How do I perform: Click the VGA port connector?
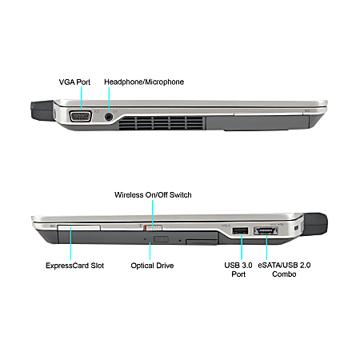click(81, 117)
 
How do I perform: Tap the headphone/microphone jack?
click(109, 117)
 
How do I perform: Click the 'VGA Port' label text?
click(74, 82)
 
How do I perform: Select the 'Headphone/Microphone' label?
click(144, 82)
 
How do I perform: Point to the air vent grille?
click(162, 123)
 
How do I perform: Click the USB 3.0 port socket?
click(240, 230)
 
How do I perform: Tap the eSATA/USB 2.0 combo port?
click(266, 230)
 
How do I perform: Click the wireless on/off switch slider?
click(153, 227)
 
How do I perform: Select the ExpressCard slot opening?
click(78, 228)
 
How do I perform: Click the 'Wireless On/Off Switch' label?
click(153, 195)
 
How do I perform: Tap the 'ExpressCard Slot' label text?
click(74, 266)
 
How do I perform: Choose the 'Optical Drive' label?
click(152, 266)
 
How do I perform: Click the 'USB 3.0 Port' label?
click(238, 270)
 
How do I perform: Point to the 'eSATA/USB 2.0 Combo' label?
click(284, 270)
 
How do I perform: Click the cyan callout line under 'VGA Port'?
click(82, 98)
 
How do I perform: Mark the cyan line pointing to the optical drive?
click(150, 250)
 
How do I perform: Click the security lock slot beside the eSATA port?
click(295, 228)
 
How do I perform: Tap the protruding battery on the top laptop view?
click(42, 110)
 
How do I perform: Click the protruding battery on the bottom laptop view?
click(315, 224)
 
